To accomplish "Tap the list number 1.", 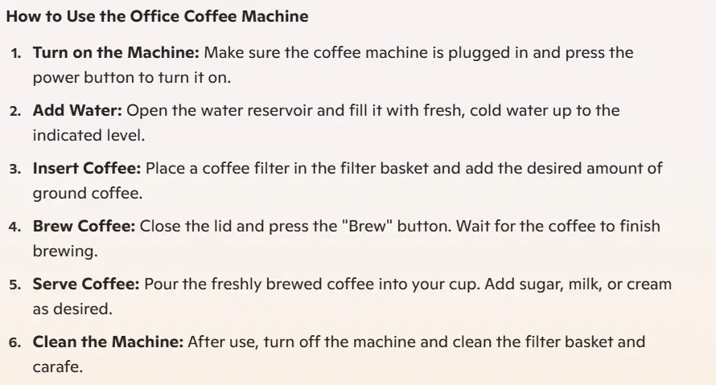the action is tap(16, 53).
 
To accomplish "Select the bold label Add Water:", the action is tap(77, 110).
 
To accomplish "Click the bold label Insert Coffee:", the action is tap(87, 168).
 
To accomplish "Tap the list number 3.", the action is tap(15, 170).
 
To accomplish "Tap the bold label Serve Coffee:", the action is tap(86, 284).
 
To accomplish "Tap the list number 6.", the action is tap(15, 342).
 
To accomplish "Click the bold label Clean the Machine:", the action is tap(109, 342).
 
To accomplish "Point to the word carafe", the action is tap(58, 367).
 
